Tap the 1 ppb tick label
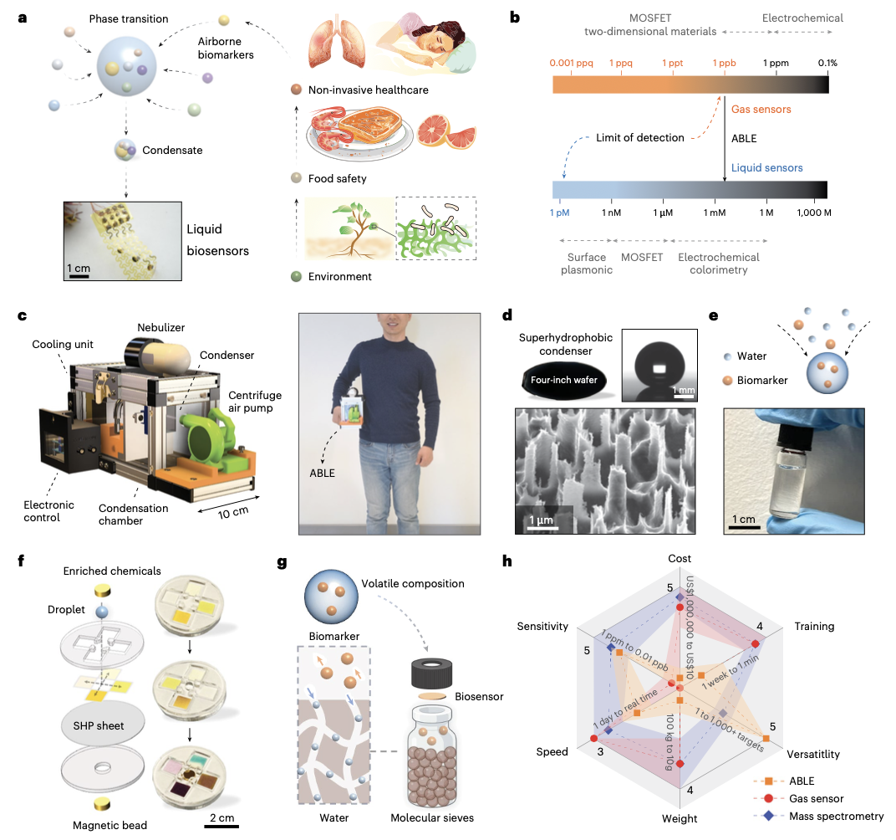click(x=724, y=63)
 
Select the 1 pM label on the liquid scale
click(x=559, y=213)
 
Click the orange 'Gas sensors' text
click(x=761, y=110)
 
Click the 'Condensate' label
click(x=172, y=151)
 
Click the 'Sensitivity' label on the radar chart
click(x=543, y=626)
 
